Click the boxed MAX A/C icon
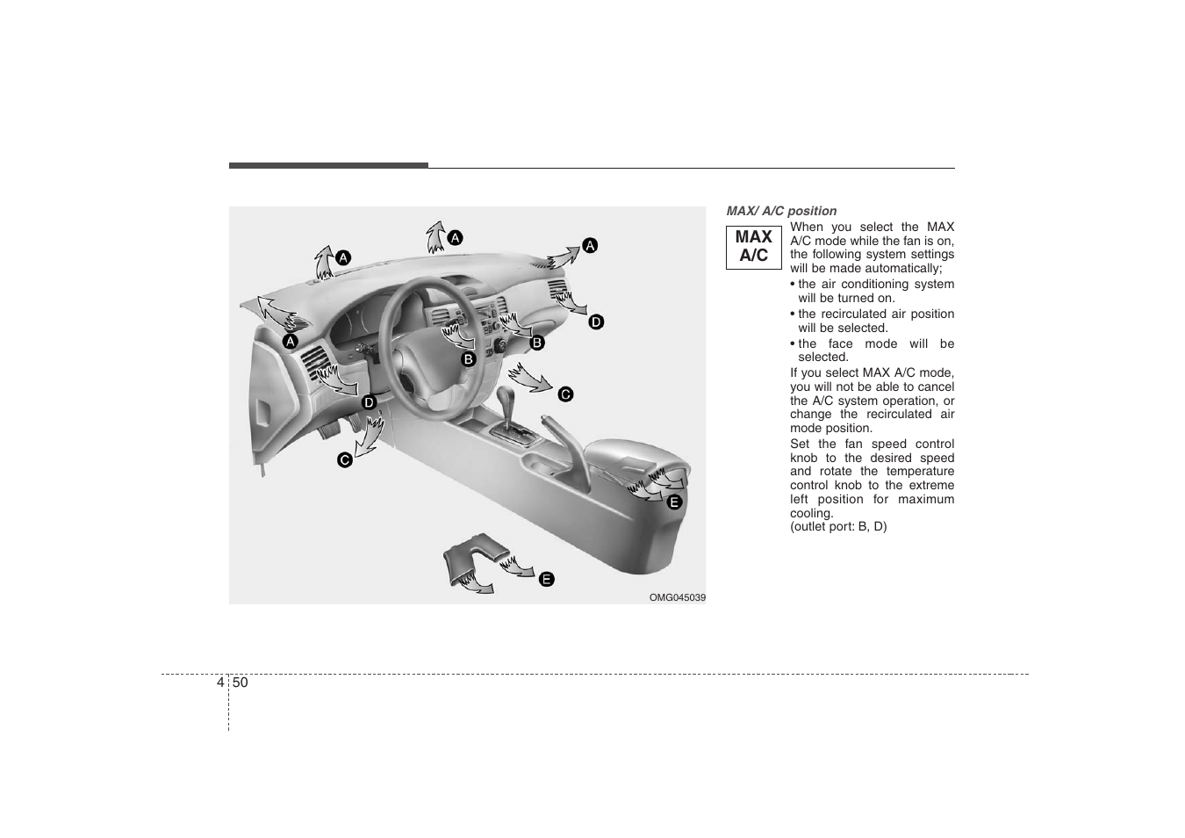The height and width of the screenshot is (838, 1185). click(x=753, y=247)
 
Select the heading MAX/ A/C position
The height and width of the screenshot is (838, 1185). click(x=781, y=211)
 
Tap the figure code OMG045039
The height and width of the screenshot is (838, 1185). click(x=677, y=597)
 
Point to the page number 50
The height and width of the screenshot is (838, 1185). click(x=241, y=683)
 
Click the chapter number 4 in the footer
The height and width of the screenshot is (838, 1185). click(x=219, y=683)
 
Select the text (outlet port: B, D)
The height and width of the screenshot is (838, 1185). click(x=838, y=527)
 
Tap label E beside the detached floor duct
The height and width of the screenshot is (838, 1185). click(x=546, y=579)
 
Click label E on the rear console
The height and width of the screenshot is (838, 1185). click(x=674, y=502)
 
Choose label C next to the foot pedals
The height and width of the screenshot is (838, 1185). click(x=345, y=459)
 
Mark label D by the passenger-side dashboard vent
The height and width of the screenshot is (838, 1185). click(x=596, y=322)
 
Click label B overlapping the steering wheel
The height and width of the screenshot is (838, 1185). click(x=469, y=358)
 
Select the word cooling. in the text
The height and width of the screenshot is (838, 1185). click(x=812, y=513)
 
